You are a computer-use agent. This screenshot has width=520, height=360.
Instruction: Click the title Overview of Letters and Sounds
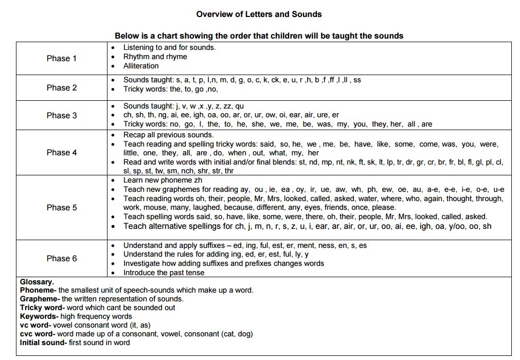coord(259,14)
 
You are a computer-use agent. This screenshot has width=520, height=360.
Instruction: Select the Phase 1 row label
coord(61,58)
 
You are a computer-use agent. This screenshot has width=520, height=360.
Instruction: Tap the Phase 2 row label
coord(61,87)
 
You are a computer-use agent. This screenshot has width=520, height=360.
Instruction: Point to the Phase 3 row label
coord(61,115)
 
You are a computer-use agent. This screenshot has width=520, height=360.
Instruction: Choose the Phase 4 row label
coord(61,152)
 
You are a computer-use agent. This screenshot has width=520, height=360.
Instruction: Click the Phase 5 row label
coord(61,207)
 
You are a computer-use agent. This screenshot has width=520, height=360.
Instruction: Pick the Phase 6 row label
coord(61,258)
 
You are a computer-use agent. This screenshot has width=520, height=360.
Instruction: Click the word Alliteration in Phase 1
coord(141,66)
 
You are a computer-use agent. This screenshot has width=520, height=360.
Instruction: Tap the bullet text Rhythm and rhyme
coord(155,57)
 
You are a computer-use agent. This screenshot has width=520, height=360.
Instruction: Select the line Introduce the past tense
coord(164,273)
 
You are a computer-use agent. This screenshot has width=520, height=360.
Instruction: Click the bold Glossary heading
coord(37,282)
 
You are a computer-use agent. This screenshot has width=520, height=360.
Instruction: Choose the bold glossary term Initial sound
coord(43,343)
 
